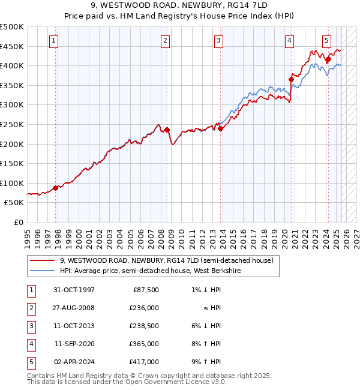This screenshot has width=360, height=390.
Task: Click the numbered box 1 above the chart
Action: [x=54, y=41]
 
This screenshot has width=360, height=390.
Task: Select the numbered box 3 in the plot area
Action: [x=218, y=41]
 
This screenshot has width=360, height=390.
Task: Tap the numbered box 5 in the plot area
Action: [x=326, y=41]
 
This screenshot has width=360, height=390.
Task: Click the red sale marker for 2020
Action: [x=291, y=79]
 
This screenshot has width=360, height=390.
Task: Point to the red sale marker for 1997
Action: [x=56, y=188]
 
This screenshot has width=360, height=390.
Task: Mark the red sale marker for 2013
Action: [x=220, y=128]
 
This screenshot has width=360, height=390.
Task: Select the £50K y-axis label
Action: [x=14, y=203]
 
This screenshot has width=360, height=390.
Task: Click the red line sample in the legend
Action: [x=43, y=260]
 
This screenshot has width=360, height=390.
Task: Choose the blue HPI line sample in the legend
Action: [x=43, y=271]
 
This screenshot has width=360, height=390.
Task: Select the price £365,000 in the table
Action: [x=144, y=344]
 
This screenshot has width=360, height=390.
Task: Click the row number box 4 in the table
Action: [x=31, y=344]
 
